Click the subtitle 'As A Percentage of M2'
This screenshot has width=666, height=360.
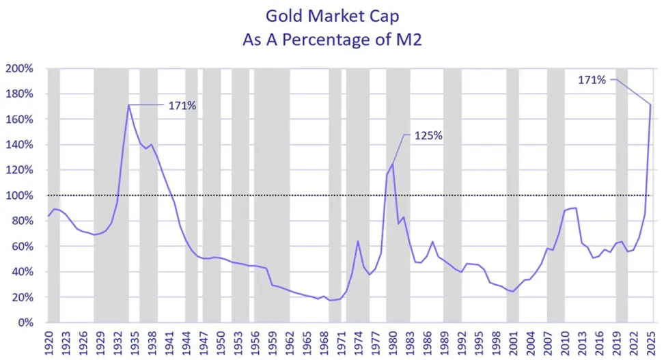click(x=333, y=40)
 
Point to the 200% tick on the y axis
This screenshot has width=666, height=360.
click(x=20, y=68)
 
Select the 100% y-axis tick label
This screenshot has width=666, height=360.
click(x=20, y=195)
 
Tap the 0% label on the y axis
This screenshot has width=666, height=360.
click(x=25, y=322)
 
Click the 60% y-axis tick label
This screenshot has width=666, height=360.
click(x=23, y=247)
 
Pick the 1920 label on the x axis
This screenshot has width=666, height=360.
click(x=48, y=340)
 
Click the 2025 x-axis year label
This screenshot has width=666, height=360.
click(x=650, y=340)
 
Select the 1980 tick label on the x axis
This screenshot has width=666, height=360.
click(x=392, y=340)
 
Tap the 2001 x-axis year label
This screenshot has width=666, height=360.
click(x=512, y=340)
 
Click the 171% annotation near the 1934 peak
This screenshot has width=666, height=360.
click(x=182, y=105)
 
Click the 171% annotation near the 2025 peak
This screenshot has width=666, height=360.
click(x=592, y=80)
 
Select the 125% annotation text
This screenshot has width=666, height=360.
click(x=428, y=136)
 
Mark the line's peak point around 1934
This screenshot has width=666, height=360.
click(x=128, y=105)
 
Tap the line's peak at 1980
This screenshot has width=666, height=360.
click(x=392, y=164)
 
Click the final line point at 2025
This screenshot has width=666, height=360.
click(x=650, y=105)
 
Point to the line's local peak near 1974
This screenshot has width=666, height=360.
click(x=358, y=240)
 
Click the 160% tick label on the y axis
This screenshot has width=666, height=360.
click(x=20, y=120)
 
